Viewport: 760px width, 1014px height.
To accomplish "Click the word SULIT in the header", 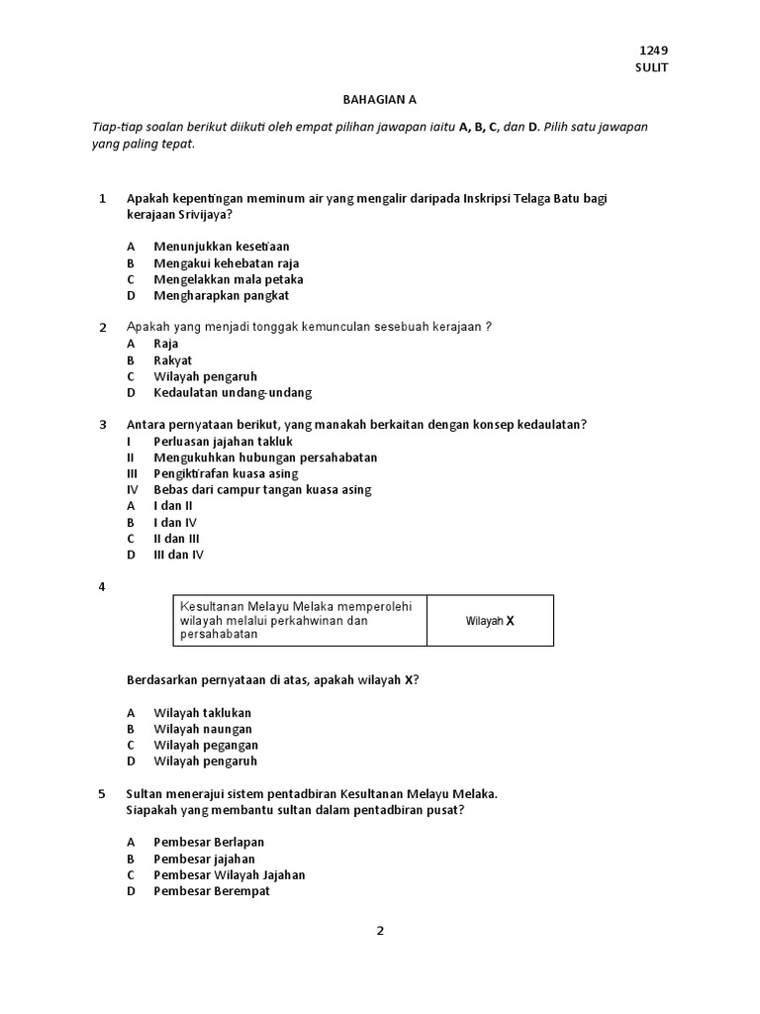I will click(651, 67).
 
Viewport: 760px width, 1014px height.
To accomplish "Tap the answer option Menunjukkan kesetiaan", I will click(222, 247).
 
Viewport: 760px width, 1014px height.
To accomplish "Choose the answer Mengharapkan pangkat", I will click(222, 295).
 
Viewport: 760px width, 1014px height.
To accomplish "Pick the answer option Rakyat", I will click(173, 360).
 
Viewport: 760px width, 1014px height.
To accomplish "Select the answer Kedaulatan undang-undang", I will click(233, 392).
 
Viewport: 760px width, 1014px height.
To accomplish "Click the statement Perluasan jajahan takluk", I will click(224, 441).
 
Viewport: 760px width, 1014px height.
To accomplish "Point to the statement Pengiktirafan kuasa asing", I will click(226, 473).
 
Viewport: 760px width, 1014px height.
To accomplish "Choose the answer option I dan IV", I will click(175, 522).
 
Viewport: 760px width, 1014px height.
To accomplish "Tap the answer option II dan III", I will click(177, 539).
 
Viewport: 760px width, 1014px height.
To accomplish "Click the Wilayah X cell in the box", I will click(490, 621).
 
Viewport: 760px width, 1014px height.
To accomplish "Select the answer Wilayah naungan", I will click(203, 729).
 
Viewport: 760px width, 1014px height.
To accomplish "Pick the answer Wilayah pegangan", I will click(206, 745).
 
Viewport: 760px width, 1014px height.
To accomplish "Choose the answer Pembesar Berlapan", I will click(209, 843).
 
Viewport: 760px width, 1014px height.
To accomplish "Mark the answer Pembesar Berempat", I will click(211, 891).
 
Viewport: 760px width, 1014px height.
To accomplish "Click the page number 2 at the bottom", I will click(379, 931).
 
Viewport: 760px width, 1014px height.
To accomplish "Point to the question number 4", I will click(102, 587).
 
